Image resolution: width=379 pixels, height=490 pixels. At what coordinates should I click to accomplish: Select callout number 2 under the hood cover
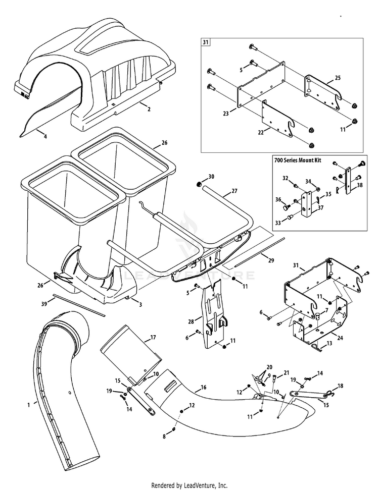pyautogui.click(x=149, y=108)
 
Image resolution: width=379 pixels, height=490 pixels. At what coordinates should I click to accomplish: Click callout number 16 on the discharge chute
pyautogui.click(x=204, y=388)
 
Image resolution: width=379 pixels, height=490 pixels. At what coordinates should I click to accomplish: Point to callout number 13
pyautogui.click(x=330, y=343)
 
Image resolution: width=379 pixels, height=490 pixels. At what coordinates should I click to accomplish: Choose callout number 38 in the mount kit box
pyautogui.click(x=359, y=185)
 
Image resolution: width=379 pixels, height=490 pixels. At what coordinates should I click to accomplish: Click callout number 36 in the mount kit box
pyautogui.click(x=278, y=199)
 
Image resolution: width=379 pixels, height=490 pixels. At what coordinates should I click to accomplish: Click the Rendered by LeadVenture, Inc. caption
pyautogui.click(x=189, y=485)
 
